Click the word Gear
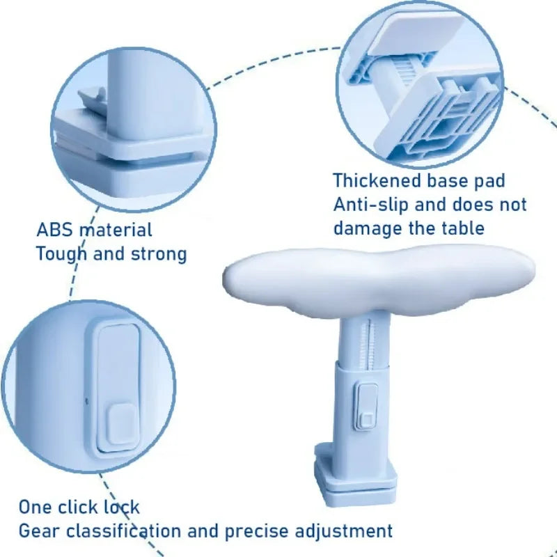[38, 531]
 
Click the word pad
[488, 181]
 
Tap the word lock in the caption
[123, 507]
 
